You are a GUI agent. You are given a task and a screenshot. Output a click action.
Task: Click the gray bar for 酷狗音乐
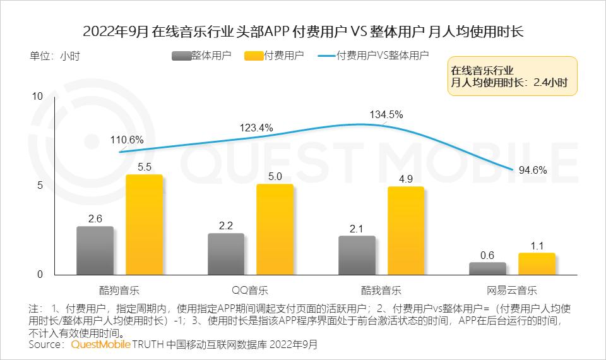click(x=95, y=251)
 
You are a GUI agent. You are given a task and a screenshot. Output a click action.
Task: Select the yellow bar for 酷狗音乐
click(x=144, y=225)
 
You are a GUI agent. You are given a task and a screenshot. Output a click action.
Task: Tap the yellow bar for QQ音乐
click(x=275, y=230)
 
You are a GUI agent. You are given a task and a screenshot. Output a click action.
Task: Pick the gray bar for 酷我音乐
click(x=357, y=255)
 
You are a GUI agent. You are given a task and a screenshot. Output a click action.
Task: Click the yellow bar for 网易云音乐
click(x=537, y=264)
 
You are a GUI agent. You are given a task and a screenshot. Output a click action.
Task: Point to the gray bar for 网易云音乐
click(x=487, y=268)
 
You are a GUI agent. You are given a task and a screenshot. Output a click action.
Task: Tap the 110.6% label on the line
click(x=127, y=140)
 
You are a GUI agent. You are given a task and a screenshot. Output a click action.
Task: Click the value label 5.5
click(x=144, y=167)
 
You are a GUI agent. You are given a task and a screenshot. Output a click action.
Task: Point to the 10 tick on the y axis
click(x=37, y=96)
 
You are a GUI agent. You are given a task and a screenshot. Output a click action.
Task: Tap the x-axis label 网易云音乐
click(x=512, y=291)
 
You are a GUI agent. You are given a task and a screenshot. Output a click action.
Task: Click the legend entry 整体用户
click(x=201, y=56)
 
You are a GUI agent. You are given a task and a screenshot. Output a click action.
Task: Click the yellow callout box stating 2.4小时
click(x=512, y=76)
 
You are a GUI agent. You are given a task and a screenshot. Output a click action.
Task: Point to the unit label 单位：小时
click(x=55, y=56)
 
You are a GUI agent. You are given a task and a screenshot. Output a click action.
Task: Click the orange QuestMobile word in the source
click(x=100, y=345)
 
